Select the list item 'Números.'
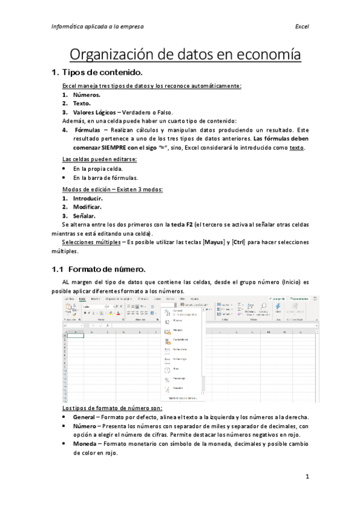[87, 95]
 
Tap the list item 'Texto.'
[82, 103]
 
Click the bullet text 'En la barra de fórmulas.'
[106, 178]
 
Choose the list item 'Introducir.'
[88, 198]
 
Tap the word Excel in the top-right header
[302, 27]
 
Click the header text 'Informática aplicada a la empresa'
[97, 27]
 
